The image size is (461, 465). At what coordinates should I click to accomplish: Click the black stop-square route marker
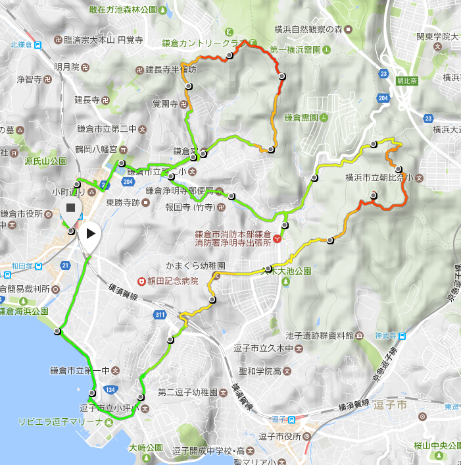pos(70,209)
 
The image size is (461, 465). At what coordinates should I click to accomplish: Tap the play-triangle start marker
pos(91,232)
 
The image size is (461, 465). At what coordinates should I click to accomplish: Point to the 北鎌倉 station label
pos(22,45)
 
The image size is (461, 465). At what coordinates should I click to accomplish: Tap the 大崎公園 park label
pos(147,448)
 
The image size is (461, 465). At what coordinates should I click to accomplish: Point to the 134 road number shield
pos(107,389)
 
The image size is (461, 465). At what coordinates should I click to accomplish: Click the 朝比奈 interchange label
pos(408,81)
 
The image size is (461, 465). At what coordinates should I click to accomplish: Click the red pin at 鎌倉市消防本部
pos(278,238)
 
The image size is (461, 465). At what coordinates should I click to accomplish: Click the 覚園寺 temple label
pos(165,104)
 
